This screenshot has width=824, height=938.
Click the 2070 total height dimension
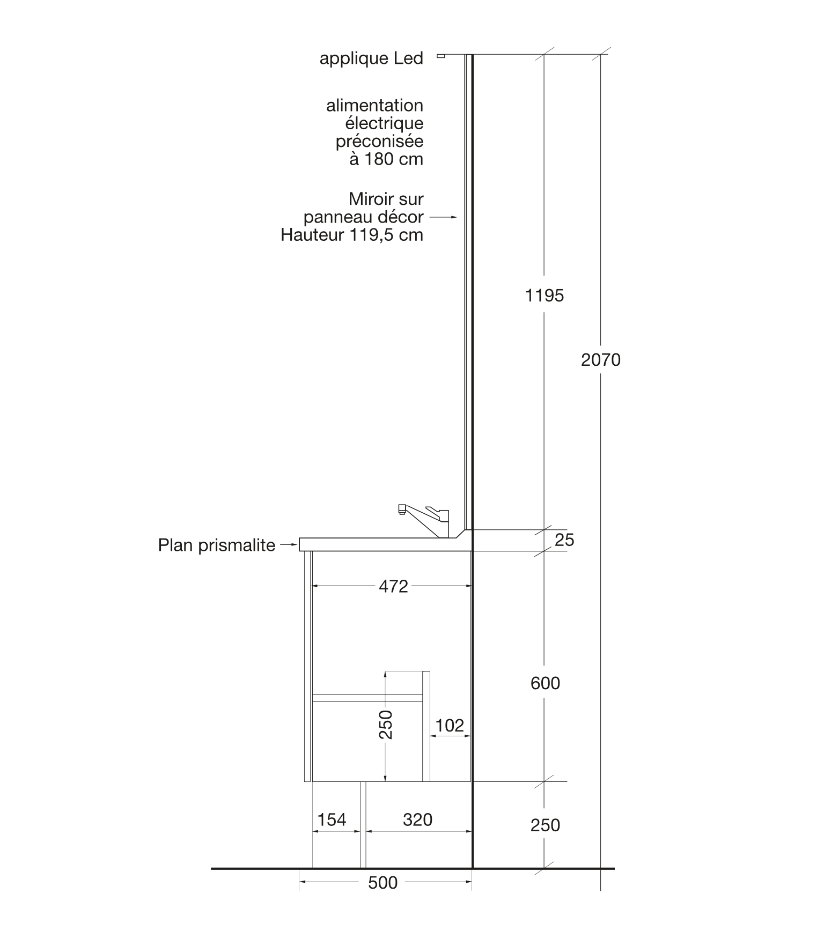[x=600, y=360]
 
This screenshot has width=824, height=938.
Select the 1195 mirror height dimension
[x=545, y=296]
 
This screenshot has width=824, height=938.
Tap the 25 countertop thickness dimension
[x=564, y=540]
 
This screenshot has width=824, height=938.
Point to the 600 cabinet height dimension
[x=545, y=683]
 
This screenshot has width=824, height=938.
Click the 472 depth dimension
[x=393, y=586]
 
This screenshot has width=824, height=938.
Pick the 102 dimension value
[x=450, y=726]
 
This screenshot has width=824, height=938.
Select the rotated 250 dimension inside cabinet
[x=386, y=725]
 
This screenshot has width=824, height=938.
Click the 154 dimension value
[x=332, y=819]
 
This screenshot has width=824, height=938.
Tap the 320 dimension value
[x=417, y=819]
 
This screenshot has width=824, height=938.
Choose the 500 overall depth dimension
[x=383, y=883]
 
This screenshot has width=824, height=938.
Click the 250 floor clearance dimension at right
[x=545, y=825]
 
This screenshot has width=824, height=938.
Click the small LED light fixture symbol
[x=441, y=56]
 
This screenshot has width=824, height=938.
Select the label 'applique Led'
[x=371, y=58]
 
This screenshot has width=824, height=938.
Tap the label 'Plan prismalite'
[x=217, y=545]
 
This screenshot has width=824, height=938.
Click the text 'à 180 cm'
[x=386, y=159]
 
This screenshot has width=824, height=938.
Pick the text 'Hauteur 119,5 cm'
[x=352, y=235]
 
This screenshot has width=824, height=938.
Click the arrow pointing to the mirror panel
[x=443, y=217]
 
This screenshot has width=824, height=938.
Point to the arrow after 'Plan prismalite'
[x=289, y=545]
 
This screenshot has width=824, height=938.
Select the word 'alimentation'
[x=374, y=105]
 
